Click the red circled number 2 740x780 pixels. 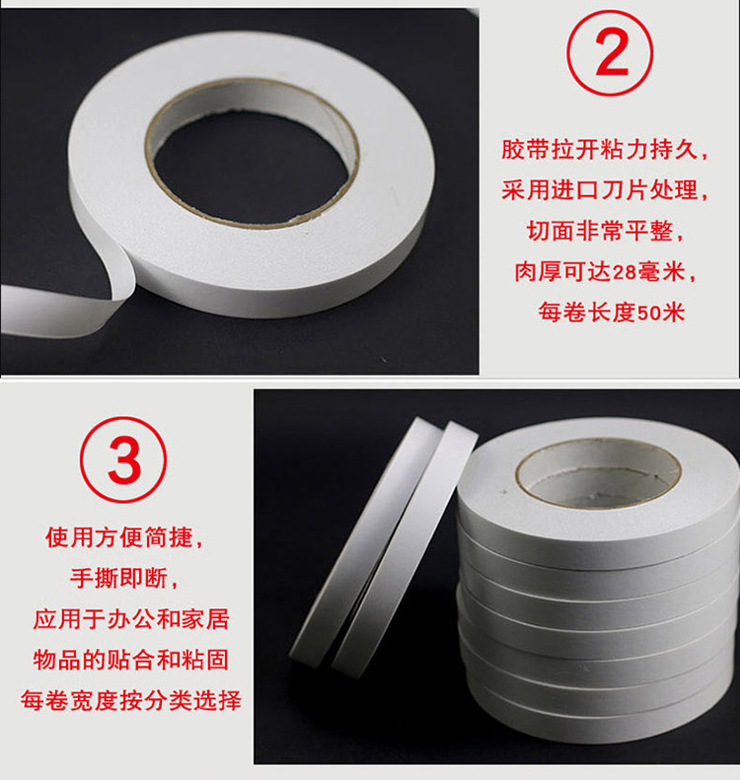[x=609, y=52]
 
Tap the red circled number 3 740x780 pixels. [x=123, y=460]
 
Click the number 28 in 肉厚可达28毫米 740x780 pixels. [x=625, y=272]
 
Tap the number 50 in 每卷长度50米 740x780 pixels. [x=649, y=313]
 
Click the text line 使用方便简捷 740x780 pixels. [x=124, y=537]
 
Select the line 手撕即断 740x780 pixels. [x=124, y=579]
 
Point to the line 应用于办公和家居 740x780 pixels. [x=131, y=619]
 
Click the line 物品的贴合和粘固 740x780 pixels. [x=131, y=660]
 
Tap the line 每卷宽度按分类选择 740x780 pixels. [x=131, y=701]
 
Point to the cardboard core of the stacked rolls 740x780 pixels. [x=598, y=470]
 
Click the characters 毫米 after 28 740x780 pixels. [x=661, y=272]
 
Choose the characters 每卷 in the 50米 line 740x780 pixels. [x=562, y=313]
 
